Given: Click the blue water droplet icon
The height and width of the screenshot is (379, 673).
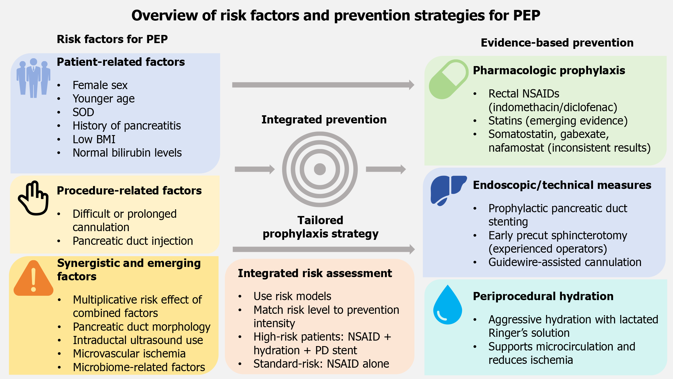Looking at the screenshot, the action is point(448,305).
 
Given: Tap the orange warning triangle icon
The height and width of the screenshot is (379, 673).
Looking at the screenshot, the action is point(33,278).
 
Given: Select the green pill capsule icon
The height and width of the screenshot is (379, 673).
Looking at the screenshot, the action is point(449,79).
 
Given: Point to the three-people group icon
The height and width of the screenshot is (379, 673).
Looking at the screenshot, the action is point(33,78).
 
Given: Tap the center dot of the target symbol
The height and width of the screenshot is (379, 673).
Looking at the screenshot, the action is point(320,169).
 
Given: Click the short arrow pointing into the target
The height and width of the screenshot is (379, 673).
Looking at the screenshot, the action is point(255,169).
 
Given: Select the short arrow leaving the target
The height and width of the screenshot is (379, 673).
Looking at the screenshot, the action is point(386,169).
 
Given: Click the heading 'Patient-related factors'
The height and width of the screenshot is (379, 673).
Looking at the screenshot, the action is point(121,62).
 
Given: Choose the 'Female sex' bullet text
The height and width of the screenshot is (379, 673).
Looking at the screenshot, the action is point(100,85).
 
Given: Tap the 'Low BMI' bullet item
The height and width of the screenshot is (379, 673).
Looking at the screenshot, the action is point(94,139).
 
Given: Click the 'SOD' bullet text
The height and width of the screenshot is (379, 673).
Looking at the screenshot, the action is point(83,112).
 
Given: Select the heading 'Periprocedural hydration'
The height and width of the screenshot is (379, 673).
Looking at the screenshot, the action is point(543,296).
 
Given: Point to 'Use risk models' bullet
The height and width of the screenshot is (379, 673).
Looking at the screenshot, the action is point(292,296).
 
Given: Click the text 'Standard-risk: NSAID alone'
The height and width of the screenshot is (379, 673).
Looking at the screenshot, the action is point(321,364).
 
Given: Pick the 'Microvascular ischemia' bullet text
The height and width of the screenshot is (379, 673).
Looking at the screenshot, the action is point(129,354).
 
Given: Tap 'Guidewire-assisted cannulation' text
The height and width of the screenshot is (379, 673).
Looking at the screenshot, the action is point(565,262).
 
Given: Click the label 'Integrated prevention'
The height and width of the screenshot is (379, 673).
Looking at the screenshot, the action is point(324,120).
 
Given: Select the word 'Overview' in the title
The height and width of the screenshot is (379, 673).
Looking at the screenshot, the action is point(164,15).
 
